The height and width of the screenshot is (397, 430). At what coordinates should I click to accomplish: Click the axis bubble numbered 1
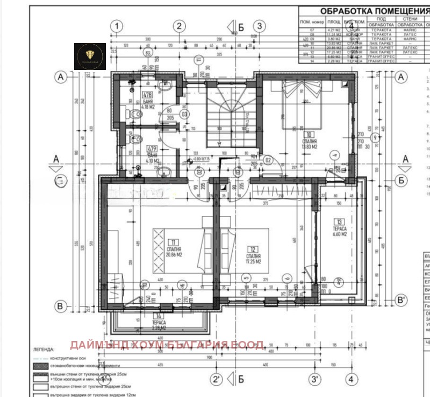[118, 26]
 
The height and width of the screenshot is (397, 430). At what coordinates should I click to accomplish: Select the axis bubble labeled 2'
[216, 379]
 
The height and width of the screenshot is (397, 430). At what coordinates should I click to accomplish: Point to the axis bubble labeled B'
[400, 300]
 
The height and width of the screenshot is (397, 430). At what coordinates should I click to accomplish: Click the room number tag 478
[146, 95]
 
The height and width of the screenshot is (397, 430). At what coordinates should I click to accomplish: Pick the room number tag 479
[152, 149]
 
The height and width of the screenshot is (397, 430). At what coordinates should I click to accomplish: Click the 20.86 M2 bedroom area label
[173, 255]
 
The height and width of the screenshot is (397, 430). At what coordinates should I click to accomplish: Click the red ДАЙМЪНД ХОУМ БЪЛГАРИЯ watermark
[166, 344]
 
